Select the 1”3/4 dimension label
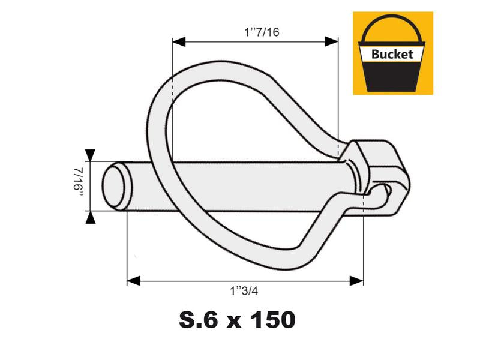[x=245, y=291]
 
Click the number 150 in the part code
[x=268, y=319]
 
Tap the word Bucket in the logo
[x=392, y=53]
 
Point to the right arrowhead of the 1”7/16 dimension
[x=331, y=41]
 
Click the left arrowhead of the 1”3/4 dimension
[x=134, y=281]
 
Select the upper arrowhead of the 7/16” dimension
[x=90, y=154]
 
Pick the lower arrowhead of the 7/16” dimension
[x=90, y=218]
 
